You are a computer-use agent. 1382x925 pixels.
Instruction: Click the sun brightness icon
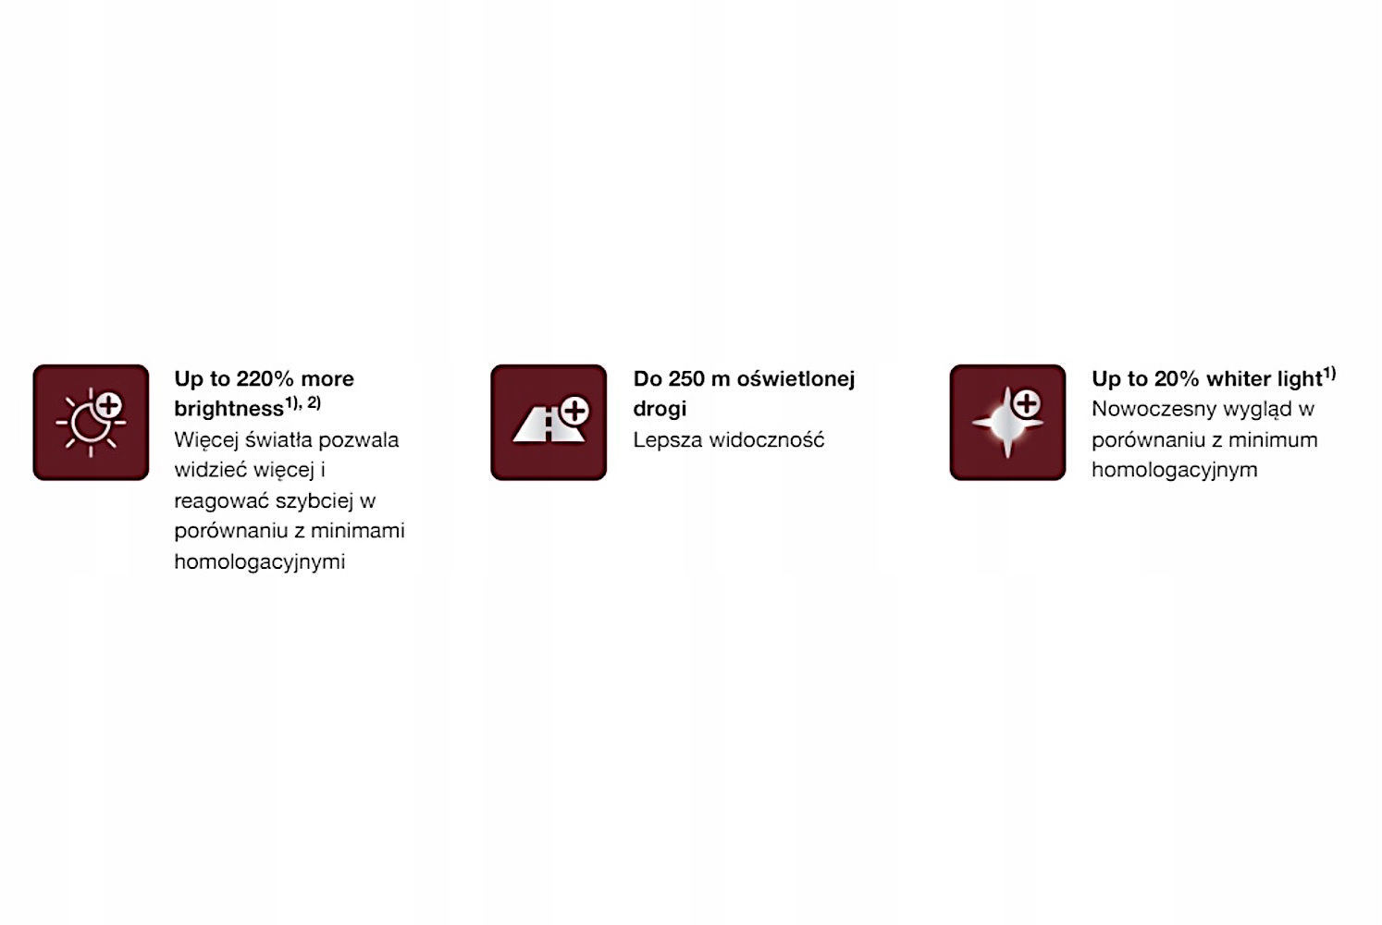pyautogui.click(x=91, y=423)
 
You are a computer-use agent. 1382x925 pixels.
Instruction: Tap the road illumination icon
pyautogui.click(x=549, y=423)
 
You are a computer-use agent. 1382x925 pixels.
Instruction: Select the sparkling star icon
pyautogui.click(x=1007, y=423)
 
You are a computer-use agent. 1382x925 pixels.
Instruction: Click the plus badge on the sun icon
pyautogui.click(x=109, y=405)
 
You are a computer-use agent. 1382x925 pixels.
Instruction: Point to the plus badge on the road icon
pyautogui.click(x=574, y=411)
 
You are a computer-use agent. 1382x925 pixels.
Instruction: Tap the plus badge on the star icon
pyautogui.click(x=1027, y=403)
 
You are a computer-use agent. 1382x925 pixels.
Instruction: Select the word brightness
pyautogui.click(x=228, y=409)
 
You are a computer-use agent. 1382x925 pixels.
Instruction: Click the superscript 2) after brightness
pyautogui.click(x=314, y=402)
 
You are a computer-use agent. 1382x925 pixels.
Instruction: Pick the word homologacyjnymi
pyautogui.click(x=259, y=561)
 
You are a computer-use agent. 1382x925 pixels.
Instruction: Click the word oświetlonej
pyautogui.click(x=796, y=378)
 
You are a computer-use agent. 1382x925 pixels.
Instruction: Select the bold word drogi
pyautogui.click(x=660, y=409)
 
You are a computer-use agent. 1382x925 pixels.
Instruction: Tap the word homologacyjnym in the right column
pyautogui.click(x=1175, y=470)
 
